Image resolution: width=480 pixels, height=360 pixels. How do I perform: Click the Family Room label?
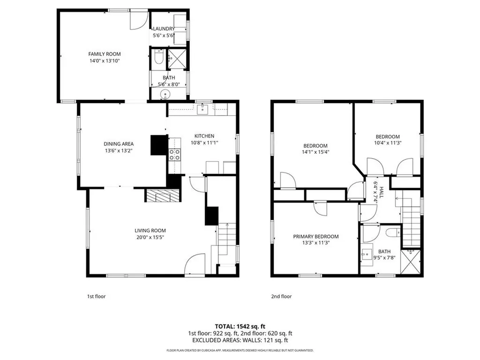tap(105, 54)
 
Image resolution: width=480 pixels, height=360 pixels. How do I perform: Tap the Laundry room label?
tap(164, 29)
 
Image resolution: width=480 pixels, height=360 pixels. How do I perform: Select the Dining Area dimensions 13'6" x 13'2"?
tap(119, 150)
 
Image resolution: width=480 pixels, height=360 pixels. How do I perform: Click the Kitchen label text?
tap(204, 136)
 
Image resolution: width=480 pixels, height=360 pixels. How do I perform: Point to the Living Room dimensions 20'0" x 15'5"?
tap(150, 237)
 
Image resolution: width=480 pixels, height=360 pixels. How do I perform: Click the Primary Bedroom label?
tap(316, 236)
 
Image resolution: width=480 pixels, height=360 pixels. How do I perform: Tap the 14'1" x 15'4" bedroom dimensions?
tap(315, 152)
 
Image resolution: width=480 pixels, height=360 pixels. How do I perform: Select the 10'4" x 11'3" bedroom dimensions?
tap(388, 142)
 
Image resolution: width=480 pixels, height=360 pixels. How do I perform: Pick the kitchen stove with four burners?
tap(175, 154)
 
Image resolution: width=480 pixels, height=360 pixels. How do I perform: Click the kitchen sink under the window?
tap(202, 109)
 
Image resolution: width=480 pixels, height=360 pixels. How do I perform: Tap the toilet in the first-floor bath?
tap(158, 57)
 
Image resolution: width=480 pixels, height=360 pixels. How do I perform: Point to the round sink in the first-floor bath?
tap(165, 94)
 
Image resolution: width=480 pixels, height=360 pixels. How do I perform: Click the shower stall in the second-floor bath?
tap(411, 262)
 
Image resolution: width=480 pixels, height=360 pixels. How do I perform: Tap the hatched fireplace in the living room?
tap(163, 195)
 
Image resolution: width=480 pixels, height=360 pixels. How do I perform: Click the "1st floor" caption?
tap(97, 296)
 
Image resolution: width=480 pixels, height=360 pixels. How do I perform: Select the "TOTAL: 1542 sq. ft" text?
tap(240, 326)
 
